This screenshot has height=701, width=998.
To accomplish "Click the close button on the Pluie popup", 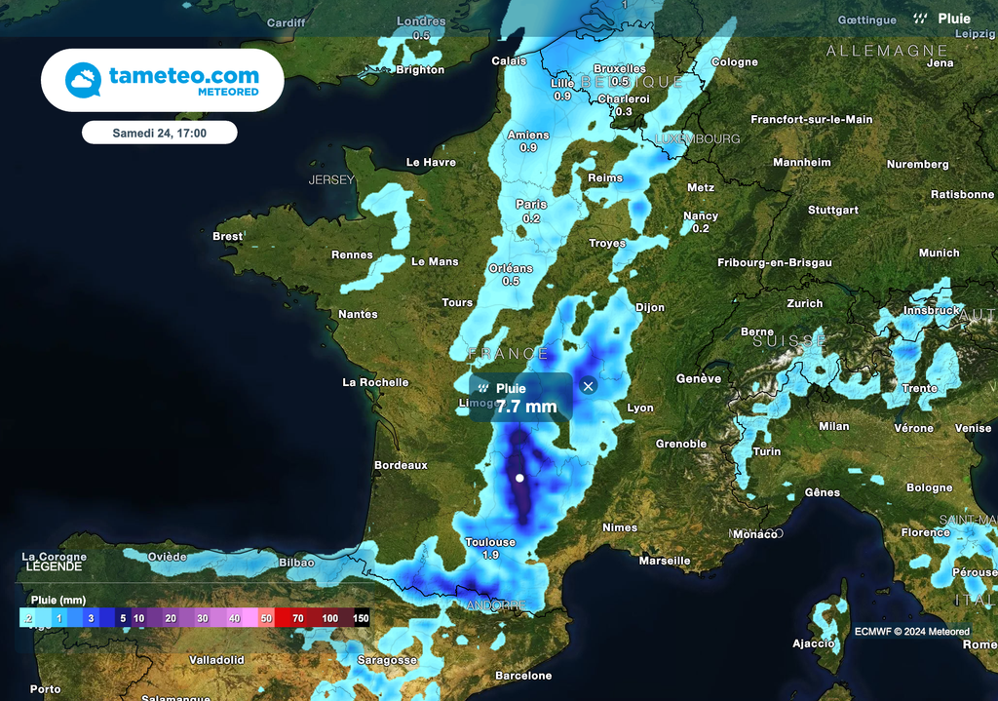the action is click(x=588, y=386).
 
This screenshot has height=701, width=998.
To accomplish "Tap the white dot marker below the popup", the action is click(x=519, y=478).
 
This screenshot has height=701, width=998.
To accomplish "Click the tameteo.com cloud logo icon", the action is click(x=83, y=80).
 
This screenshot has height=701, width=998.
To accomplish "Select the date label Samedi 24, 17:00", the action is click(x=159, y=133).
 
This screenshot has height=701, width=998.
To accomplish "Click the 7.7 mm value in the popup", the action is click(x=526, y=407).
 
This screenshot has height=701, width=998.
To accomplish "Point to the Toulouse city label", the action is click(x=490, y=542).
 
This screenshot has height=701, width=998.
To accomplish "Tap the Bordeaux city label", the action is click(x=401, y=465).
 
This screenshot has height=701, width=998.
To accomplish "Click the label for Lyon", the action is click(x=640, y=408).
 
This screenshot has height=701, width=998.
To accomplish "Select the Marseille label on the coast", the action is click(x=665, y=561).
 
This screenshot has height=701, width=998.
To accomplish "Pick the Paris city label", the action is click(x=531, y=205).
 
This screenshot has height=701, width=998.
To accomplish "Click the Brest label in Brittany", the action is click(x=227, y=236).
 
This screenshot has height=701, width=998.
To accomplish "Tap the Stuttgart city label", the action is click(x=833, y=210).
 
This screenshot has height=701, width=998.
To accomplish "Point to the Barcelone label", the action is click(x=523, y=676).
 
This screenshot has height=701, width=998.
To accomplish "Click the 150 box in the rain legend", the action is click(x=361, y=618).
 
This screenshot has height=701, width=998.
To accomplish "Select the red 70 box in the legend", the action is click(x=297, y=618).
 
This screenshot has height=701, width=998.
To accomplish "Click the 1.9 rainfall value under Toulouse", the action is click(x=490, y=555).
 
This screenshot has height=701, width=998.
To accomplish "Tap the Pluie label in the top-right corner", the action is click(x=954, y=19).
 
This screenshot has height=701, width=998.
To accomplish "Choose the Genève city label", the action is click(x=699, y=378).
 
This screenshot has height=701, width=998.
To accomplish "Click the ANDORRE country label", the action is click(x=497, y=605).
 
